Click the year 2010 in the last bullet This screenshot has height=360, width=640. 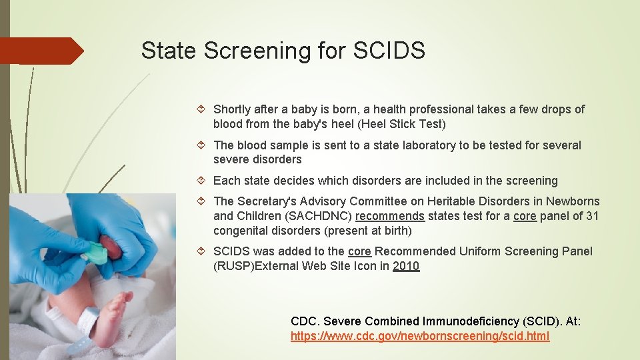point(406,266)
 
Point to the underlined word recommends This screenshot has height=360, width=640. point(390,216)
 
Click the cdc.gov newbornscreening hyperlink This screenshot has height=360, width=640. point(420,337)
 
